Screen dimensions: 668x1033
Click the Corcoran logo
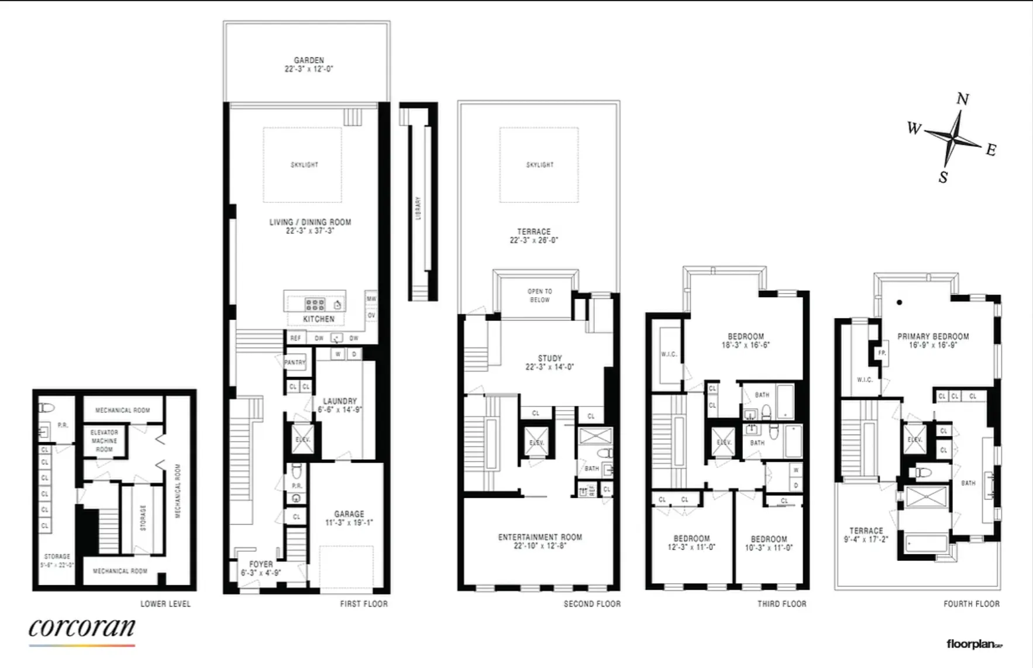82,629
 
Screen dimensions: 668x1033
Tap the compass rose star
954,139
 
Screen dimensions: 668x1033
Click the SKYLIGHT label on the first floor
305,165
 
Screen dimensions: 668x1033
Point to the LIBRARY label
418,208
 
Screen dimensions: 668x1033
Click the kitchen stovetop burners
315,304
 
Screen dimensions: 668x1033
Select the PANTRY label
295,363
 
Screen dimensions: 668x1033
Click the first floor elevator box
302,439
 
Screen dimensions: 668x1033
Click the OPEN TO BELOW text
540,295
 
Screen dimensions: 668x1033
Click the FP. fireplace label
882,353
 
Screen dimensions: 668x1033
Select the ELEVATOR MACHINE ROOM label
104,440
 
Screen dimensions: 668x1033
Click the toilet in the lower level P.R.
47,407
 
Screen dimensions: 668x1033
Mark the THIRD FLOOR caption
781,604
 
